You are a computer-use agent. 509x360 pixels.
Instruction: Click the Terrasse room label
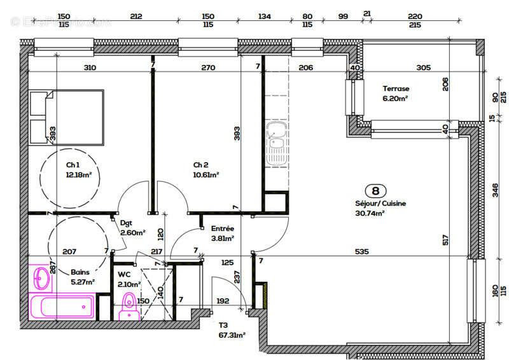click(x=396, y=89)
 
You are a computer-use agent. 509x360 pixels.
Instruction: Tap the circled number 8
click(x=375, y=190)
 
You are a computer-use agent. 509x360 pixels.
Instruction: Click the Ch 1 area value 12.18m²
click(x=79, y=174)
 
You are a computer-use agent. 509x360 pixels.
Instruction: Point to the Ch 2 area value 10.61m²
click(x=206, y=174)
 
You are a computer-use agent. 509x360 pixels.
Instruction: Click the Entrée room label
click(x=222, y=229)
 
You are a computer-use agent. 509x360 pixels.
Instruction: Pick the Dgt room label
click(x=126, y=223)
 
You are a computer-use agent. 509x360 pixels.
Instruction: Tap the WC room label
click(x=124, y=275)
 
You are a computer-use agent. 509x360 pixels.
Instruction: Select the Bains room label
click(x=80, y=271)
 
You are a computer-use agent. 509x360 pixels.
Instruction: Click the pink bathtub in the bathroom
click(x=62, y=307)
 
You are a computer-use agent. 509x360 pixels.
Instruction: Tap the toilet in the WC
click(x=129, y=306)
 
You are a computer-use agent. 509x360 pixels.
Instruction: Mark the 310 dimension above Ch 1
click(x=90, y=67)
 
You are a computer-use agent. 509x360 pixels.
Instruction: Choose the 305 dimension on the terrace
click(x=423, y=67)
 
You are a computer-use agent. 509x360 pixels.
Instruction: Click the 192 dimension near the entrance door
click(x=223, y=301)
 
